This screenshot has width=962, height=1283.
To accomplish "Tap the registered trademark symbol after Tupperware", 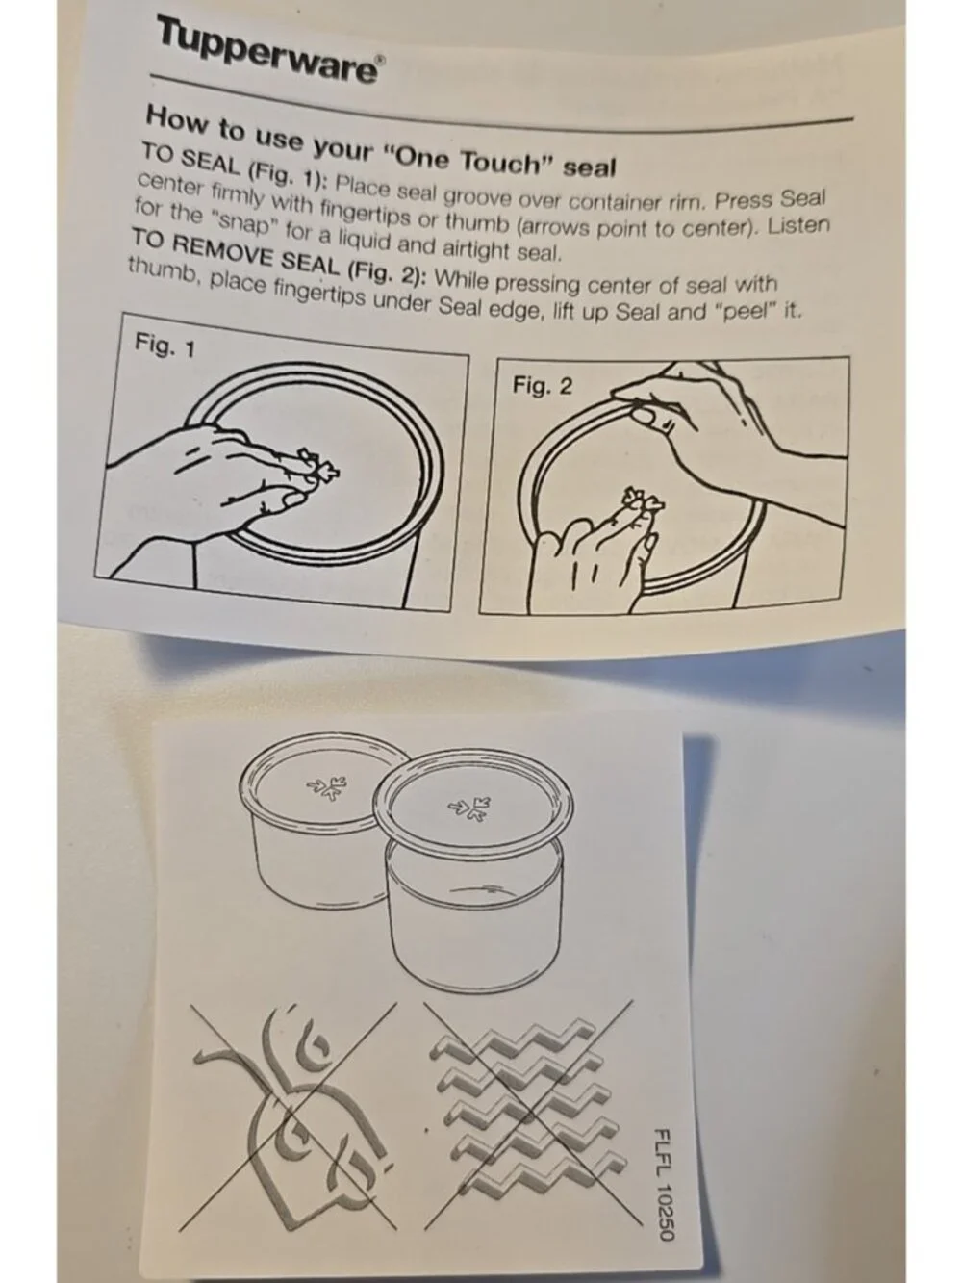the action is (381, 62).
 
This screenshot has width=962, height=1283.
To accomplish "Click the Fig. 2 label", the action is (542, 386).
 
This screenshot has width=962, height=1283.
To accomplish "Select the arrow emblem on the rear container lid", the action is (326, 786).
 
